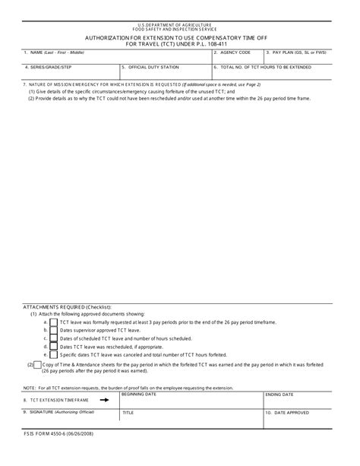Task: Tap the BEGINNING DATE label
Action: pos(139,395)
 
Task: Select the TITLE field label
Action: pos(128,412)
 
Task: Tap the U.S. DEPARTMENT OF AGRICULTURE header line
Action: pos(180,24)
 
